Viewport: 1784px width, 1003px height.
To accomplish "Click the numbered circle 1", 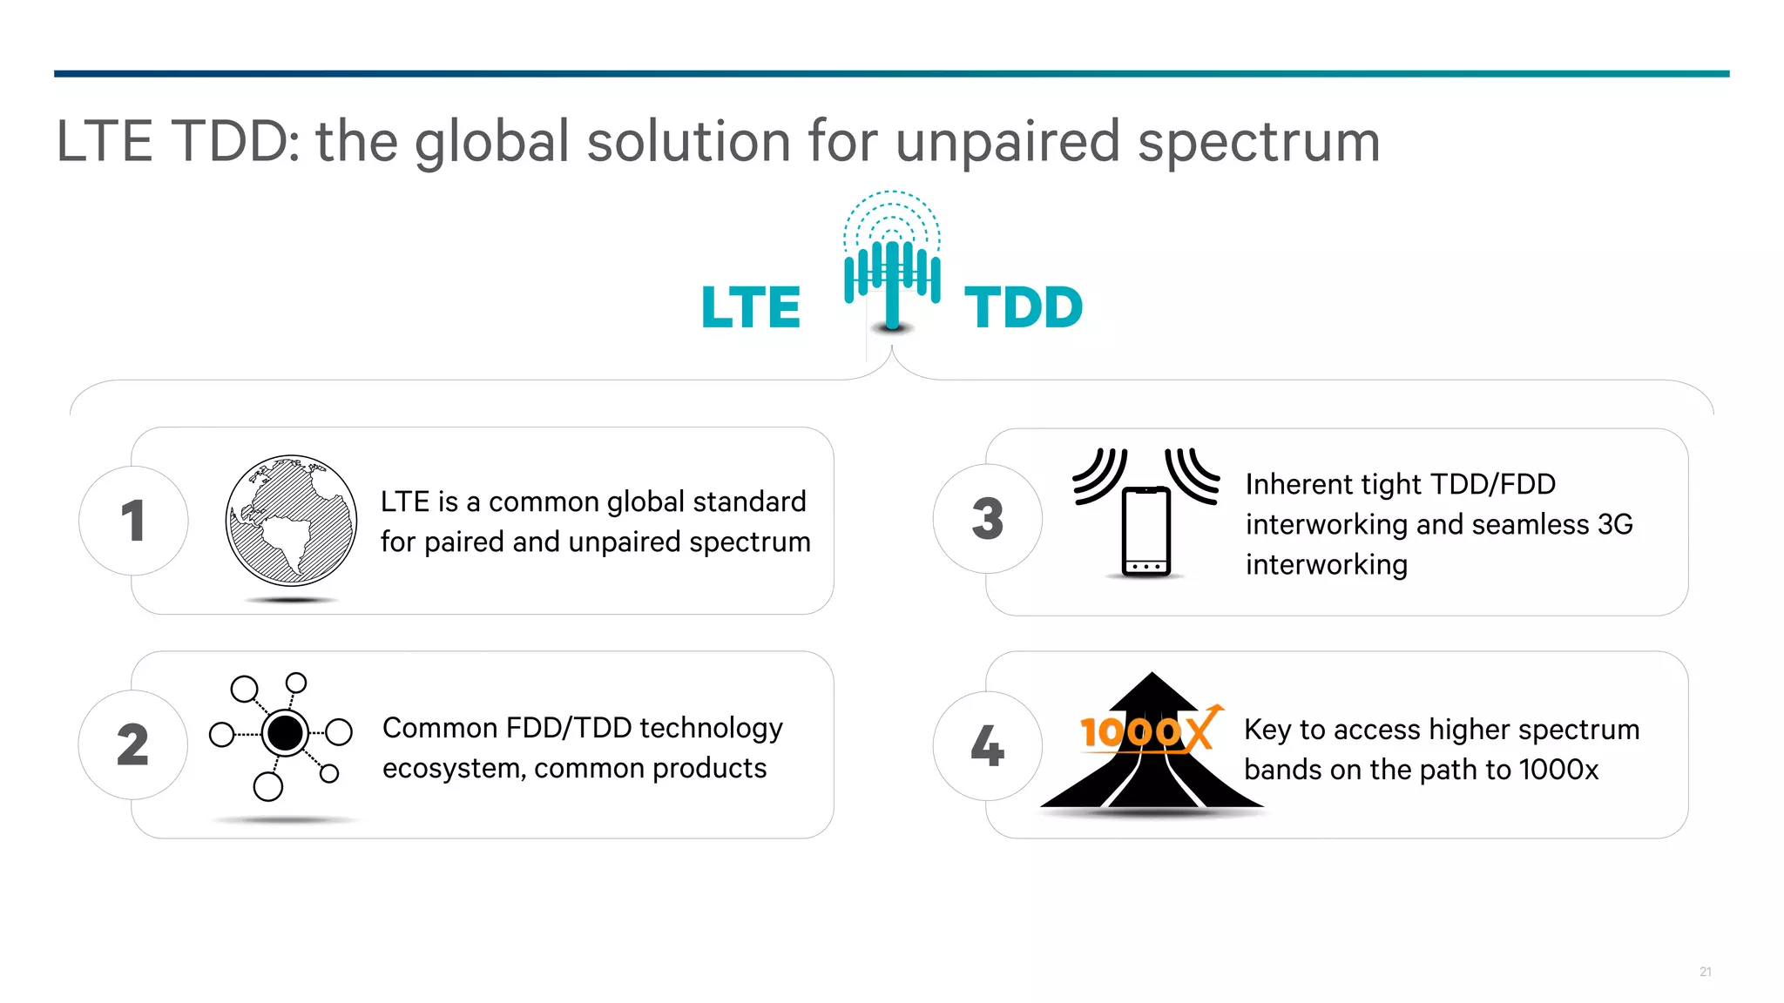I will (x=133, y=521).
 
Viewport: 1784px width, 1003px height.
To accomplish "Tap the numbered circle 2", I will (x=133, y=744).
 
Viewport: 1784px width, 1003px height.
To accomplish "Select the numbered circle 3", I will (x=988, y=519).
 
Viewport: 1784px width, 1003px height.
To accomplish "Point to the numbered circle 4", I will (x=988, y=746).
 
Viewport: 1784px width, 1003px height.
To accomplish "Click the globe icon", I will (x=291, y=521).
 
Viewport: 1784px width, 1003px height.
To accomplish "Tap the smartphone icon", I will (x=1146, y=531).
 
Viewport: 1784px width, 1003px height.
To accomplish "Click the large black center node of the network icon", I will (x=285, y=733).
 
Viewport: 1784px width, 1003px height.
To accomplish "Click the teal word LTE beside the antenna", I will (x=751, y=307).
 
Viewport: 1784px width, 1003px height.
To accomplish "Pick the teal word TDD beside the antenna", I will (x=1024, y=307).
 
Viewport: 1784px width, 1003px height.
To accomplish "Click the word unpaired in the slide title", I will (x=1007, y=141).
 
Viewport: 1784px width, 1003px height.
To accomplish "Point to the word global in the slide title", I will (x=492, y=141).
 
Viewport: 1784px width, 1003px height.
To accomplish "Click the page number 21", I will (x=1706, y=972).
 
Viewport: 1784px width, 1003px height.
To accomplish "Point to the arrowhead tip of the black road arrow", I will (x=1152, y=675).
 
